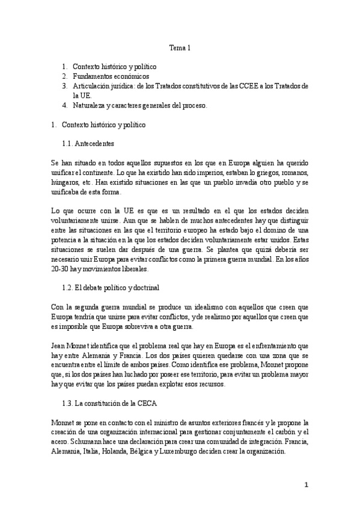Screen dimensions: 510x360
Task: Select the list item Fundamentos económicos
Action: tap(111, 77)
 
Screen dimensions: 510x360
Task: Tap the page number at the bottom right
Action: tap(306, 485)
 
